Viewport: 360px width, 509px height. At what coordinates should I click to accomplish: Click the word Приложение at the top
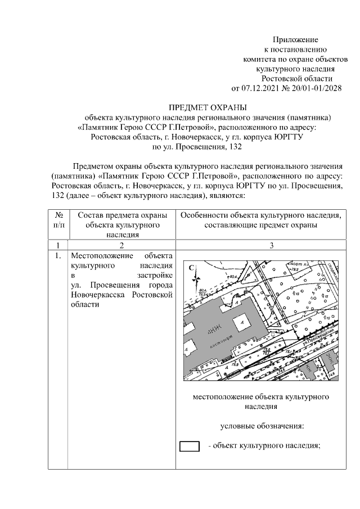click(295, 40)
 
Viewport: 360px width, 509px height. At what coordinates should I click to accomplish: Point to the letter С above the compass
click(191, 268)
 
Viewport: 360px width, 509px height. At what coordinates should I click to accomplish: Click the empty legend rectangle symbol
click(190, 446)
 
